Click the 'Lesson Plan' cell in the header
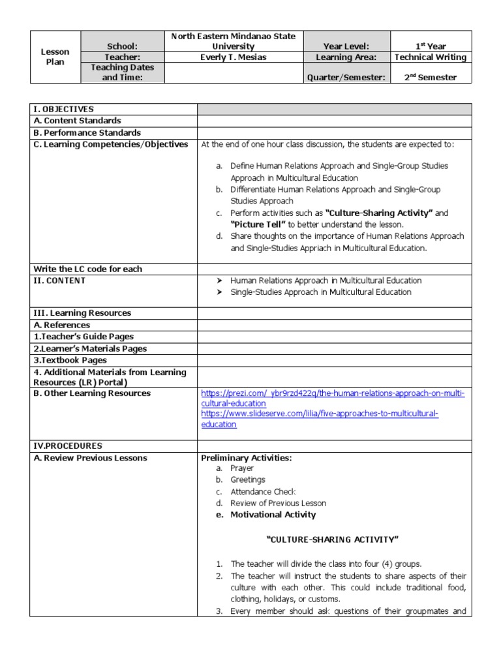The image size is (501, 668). (55, 57)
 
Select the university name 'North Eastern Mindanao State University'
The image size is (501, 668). (234, 41)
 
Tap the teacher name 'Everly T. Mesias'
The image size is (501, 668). (234, 57)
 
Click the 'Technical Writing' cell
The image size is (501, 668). (430, 57)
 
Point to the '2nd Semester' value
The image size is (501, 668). (430, 77)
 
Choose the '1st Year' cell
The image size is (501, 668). (430, 46)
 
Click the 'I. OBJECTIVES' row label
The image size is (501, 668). (64, 109)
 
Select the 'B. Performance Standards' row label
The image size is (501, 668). (87, 132)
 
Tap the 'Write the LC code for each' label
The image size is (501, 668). (87, 269)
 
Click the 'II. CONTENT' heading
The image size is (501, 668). (59, 281)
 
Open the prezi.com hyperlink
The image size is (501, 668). (333, 399)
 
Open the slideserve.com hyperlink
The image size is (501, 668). (320, 419)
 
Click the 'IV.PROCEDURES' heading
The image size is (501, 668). (68, 446)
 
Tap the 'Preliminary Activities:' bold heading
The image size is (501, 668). (246, 458)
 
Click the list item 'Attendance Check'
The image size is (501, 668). (263, 491)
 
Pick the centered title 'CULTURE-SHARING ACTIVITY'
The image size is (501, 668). (333, 539)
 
